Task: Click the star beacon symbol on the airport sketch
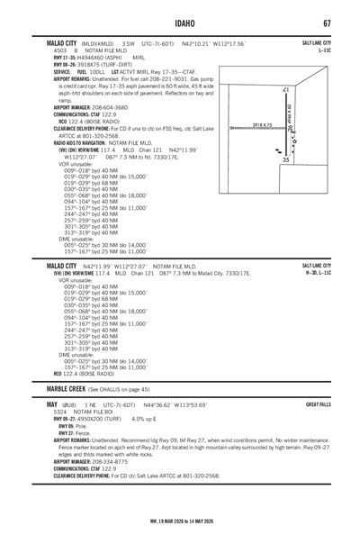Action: point(316,141)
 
